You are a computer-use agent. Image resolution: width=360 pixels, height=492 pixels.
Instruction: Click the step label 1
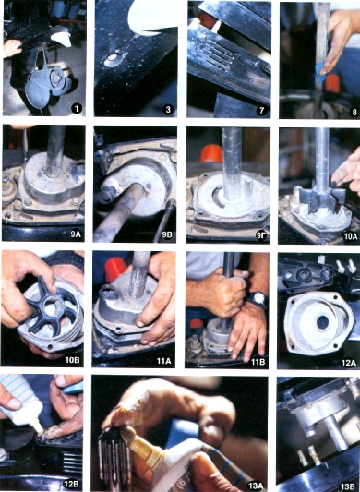point(77,109)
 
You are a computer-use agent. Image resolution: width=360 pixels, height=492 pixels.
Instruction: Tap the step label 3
point(169,110)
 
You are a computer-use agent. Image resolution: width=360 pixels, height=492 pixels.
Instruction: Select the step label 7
point(261,110)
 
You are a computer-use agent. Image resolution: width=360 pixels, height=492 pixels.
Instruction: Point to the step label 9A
point(76,234)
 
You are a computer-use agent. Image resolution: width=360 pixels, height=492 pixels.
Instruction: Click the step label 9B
point(167,235)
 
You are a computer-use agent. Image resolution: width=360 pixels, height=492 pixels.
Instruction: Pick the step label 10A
point(351,236)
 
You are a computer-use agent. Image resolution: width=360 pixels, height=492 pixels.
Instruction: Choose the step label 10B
point(72,360)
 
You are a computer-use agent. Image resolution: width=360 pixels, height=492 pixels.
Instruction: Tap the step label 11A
point(163,361)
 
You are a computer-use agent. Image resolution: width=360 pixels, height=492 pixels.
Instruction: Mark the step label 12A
point(349,363)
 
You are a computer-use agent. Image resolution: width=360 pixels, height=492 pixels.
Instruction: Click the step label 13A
point(255,486)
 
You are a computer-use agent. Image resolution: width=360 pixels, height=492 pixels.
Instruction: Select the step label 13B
point(348,486)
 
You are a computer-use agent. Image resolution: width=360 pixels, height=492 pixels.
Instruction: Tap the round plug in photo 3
point(112,59)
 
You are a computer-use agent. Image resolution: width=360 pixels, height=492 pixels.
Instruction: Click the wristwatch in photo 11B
point(258,299)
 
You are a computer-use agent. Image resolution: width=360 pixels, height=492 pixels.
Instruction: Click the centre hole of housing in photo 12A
point(323,322)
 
